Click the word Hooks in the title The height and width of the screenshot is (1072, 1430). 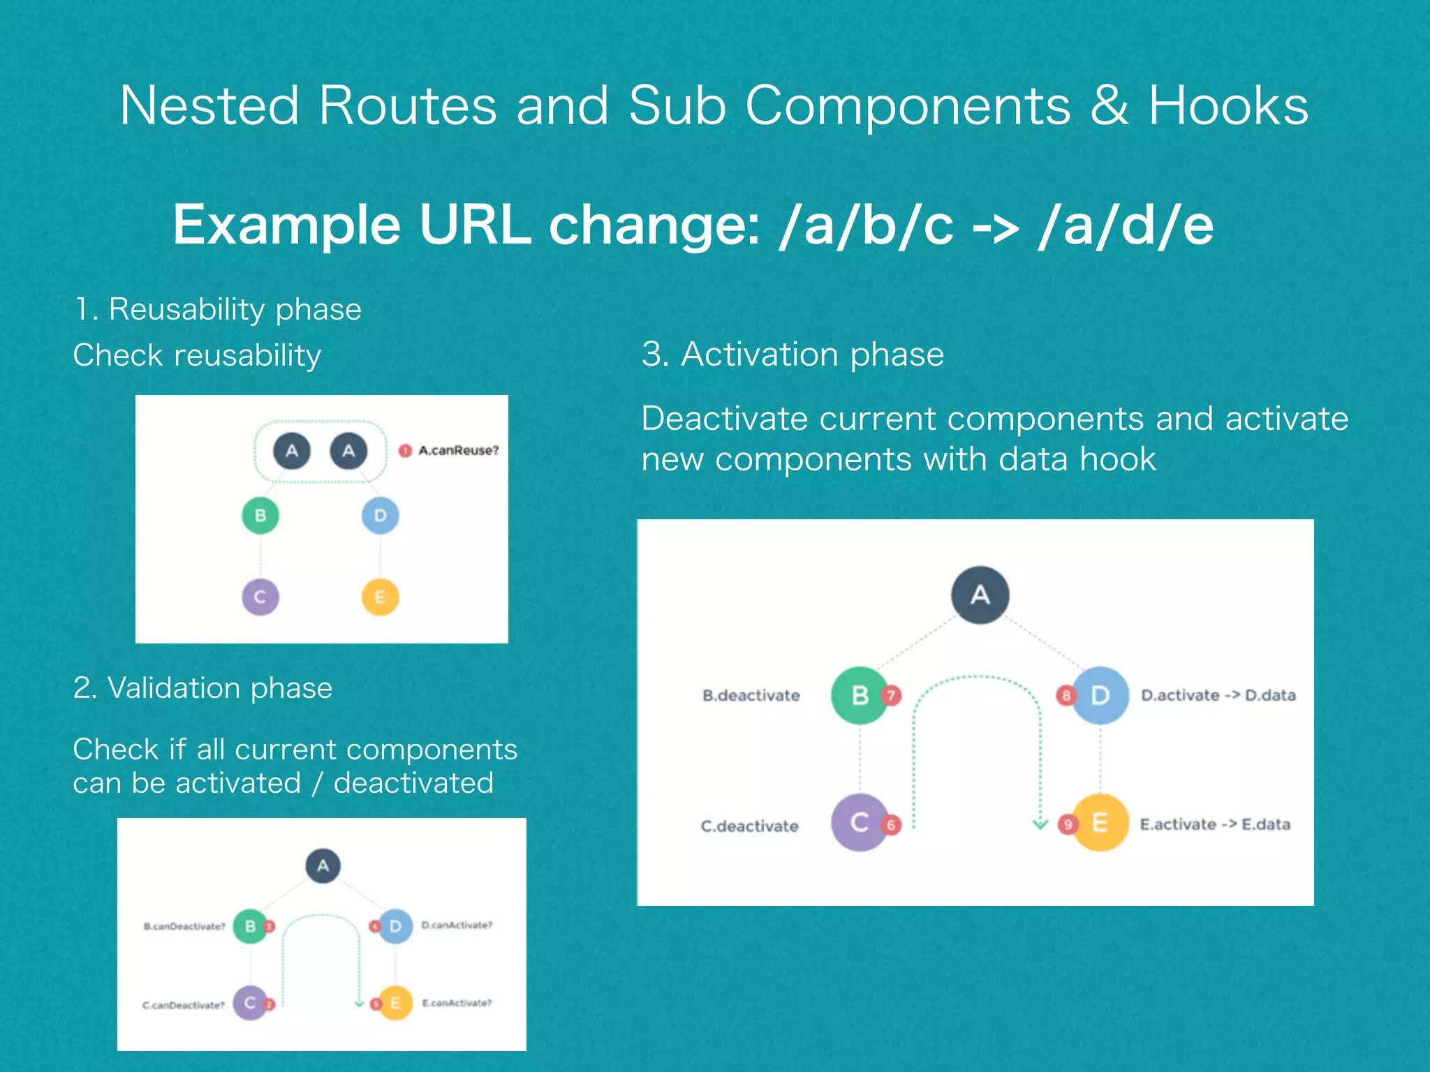coord(1228,106)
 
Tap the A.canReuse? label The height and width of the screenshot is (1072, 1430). coord(458,451)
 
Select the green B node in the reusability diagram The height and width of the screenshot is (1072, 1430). coord(260,516)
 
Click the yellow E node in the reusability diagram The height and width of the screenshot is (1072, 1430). coord(380,597)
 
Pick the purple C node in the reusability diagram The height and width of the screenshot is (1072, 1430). coord(260,597)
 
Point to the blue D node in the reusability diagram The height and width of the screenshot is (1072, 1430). coord(380,516)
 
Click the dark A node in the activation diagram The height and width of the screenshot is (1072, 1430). coord(980,595)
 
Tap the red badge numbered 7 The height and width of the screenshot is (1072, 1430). coord(891,695)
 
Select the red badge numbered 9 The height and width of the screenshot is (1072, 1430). coord(1067,825)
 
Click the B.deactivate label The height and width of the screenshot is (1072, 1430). coord(751,696)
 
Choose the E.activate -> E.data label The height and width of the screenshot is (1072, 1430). coord(1214,825)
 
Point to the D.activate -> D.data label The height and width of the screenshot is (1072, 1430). coord(1218,696)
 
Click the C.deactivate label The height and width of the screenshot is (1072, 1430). coord(749,826)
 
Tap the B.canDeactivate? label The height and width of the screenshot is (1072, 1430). coord(184,927)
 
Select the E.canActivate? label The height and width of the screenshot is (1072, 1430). coord(457,1004)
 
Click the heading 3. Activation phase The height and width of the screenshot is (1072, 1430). coord(793,355)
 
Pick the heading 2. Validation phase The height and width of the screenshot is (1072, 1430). coord(202,688)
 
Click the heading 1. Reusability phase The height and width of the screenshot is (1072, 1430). coord(218,309)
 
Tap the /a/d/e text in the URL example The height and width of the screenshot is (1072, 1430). coord(1126,225)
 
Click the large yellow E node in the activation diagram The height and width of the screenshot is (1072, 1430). coord(1100,823)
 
